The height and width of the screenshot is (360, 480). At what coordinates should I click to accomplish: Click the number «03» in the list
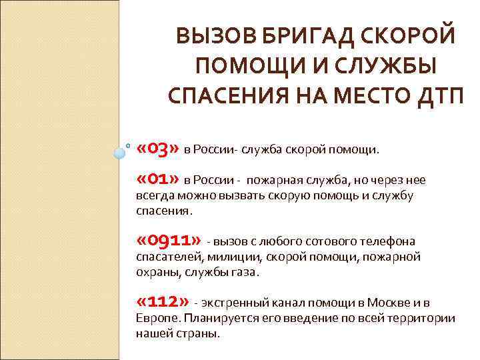coord(157,147)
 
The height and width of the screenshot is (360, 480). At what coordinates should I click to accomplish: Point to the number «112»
coord(162,301)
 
